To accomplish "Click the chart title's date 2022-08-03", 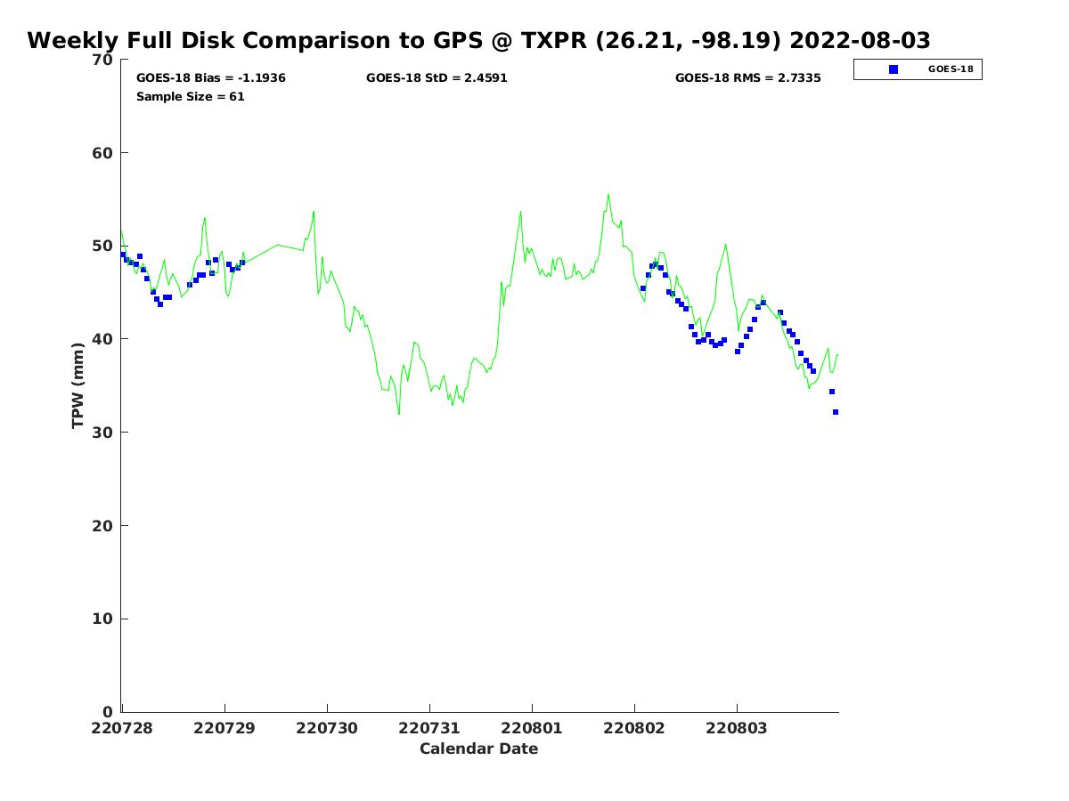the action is pyautogui.click(x=859, y=40).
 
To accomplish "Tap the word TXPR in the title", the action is pyautogui.click(x=554, y=40).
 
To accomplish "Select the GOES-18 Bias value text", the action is pyautogui.click(x=211, y=77).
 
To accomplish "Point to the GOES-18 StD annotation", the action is pyautogui.click(x=437, y=77).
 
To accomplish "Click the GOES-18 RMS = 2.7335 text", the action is pyautogui.click(x=747, y=77).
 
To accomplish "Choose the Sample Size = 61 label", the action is pyautogui.click(x=190, y=97).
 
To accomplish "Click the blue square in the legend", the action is pyautogui.click(x=894, y=69).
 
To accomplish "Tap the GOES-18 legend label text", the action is pyautogui.click(x=951, y=69).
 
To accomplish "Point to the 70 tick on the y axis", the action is pyautogui.click(x=102, y=60).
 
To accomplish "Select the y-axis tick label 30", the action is pyautogui.click(x=102, y=432).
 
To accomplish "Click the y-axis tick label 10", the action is pyautogui.click(x=102, y=619).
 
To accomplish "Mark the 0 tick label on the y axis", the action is pyautogui.click(x=108, y=712).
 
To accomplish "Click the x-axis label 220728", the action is pyautogui.click(x=122, y=728).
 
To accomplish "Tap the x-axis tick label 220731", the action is pyautogui.click(x=429, y=728).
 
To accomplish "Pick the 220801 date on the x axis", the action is pyautogui.click(x=531, y=728).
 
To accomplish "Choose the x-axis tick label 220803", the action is pyautogui.click(x=737, y=728).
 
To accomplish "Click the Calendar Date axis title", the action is pyautogui.click(x=478, y=748).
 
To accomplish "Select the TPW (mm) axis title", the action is pyautogui.click(x=78, y=385).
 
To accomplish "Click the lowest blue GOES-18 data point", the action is pyautogui.click(x=836, y=412).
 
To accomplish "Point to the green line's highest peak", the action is pyautogui.click(x=608, y=195).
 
